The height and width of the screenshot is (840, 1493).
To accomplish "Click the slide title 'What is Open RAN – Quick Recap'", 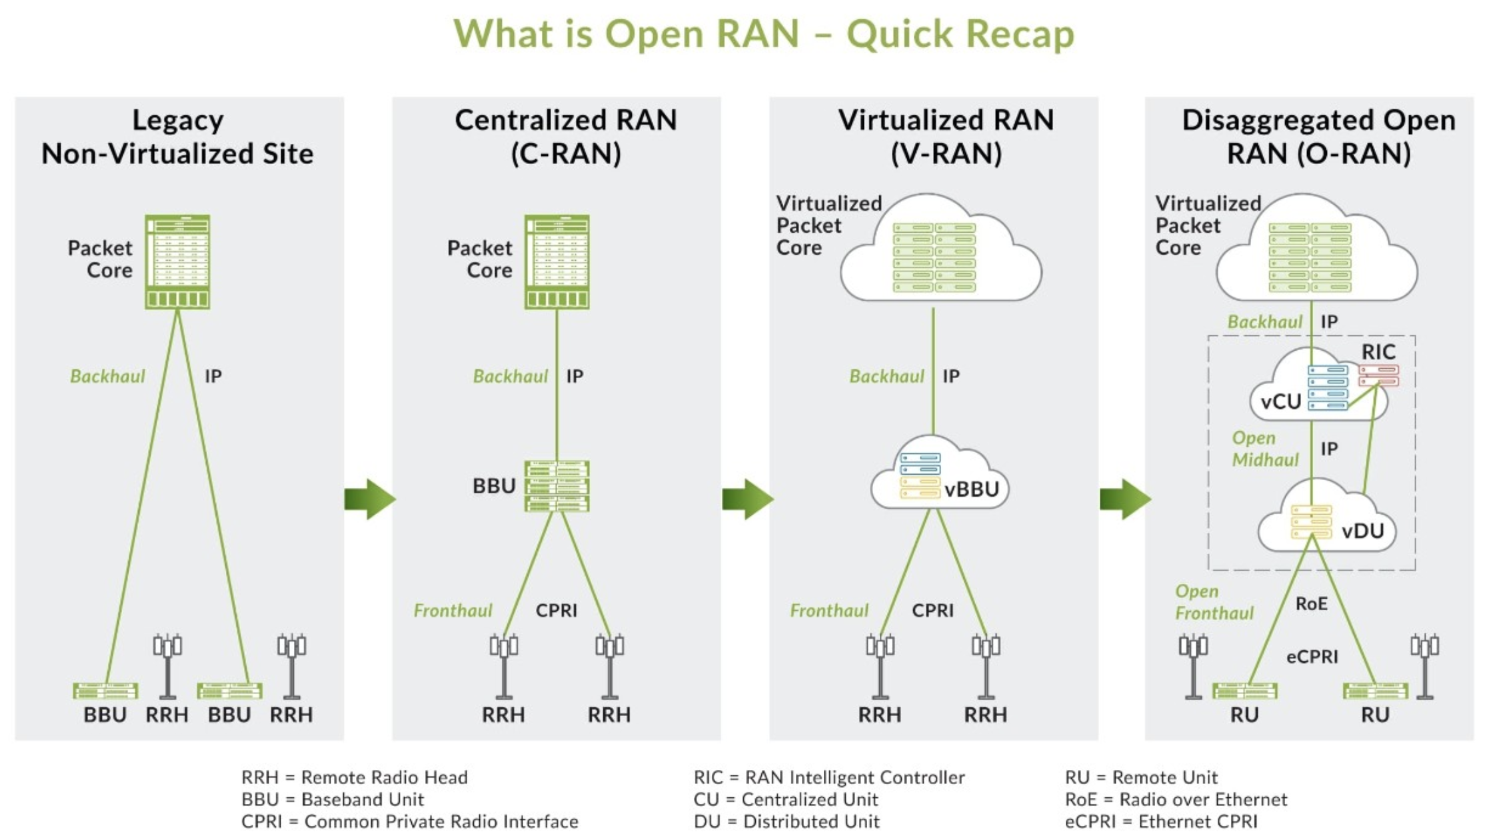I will coord(763,33).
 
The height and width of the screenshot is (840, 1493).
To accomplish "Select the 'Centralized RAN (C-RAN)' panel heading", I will coord(565,137).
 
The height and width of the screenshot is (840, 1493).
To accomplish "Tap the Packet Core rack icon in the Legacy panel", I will coord(177,261).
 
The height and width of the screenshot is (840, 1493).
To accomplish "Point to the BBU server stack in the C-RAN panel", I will coord(557,486).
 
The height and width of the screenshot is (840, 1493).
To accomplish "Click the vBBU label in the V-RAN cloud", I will coord(971,489).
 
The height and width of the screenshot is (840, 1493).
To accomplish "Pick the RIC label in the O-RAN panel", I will coord(1378,351).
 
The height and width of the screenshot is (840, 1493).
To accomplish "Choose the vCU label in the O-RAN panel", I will coord(1280,401).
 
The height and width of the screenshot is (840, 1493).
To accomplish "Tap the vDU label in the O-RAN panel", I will coord(1362,531).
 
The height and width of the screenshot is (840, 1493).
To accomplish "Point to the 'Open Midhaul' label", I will coord(1264,449).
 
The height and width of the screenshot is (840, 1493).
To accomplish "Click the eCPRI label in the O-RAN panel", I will coord(1312,657).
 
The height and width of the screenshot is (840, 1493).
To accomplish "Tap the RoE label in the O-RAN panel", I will coord(1311,603).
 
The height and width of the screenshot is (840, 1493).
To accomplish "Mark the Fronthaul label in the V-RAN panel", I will coord(829,610).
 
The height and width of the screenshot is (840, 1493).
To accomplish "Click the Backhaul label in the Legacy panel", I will coord(107,376).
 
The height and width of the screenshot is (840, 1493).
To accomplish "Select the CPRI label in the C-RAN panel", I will coord(556,610).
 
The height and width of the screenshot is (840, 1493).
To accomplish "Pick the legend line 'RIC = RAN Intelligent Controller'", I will coord(828,777).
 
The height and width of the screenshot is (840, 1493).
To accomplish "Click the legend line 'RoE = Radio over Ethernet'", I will coord(1176,799).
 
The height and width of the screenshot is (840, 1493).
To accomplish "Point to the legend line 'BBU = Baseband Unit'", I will coord(333,799).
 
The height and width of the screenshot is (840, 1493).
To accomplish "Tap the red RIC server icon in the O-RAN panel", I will coord(1378,375).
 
